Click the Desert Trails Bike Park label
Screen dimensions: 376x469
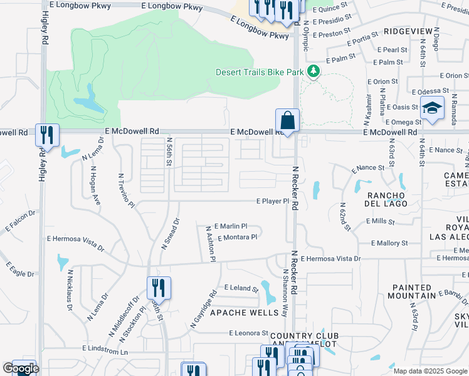(x=260, y=72)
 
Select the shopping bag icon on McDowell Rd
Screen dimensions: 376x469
(x=287, y=120)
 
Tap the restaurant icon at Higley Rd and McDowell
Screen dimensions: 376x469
(x=47, y=134)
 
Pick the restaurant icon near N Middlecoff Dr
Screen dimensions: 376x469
(x=159, y=288)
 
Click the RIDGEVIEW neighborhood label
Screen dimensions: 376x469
(x=408, y=30)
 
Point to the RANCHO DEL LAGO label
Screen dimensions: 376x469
(x=387, y=199)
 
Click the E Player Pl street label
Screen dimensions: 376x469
(x=271, y=201)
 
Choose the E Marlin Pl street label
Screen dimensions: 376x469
(x=231, y=226)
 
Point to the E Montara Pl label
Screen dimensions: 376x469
(x=238, y=238)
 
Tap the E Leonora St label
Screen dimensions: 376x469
(x=248, y=333)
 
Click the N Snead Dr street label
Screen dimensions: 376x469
(x=171, y=234)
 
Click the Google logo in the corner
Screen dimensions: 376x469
(x=20, y=368)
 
